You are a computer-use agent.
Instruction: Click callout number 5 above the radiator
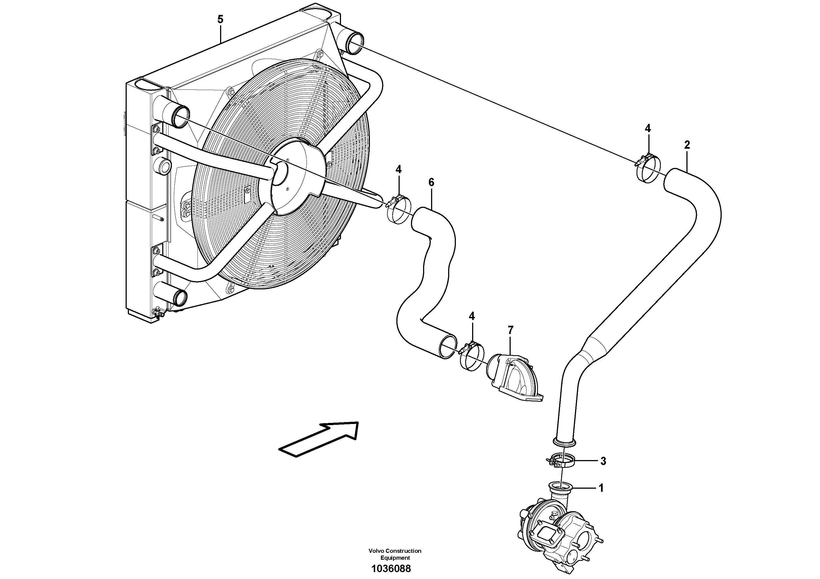click(220, 20)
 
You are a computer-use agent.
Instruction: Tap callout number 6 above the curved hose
click(431, 183)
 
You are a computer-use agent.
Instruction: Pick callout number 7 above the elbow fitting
click(510, 330)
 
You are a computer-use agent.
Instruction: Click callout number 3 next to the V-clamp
click(603, 461)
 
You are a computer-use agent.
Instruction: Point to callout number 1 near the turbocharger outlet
click(601, 488)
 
